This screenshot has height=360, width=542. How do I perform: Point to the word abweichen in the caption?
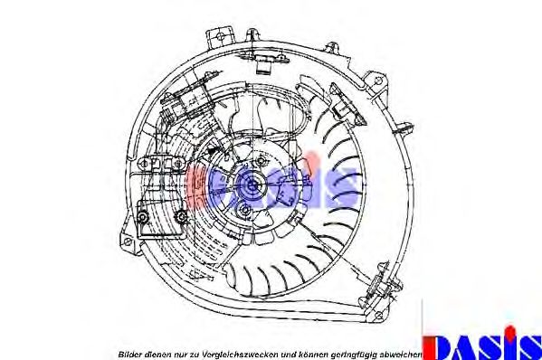pyautogui.click(x=400, y=355)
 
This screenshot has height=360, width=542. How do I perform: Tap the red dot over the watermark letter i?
pyautogui.click(x=311, y=159)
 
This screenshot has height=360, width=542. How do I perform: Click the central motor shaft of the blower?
pyautogui.click(x=252, y=185)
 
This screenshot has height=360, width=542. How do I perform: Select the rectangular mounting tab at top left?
pyautogui.click(x=220, y=38)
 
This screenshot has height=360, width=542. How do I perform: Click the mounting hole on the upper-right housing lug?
pyautogui.click(x=378, y=81)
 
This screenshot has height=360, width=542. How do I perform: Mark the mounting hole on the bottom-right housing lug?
pyautogui.click(x=379, y=315)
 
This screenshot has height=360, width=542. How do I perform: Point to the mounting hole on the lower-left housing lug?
pyautogui.click(x=128, y=242)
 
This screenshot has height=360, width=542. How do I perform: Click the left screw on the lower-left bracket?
pyautogui.click(x=142, y=217)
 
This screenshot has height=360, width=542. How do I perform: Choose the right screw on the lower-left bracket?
pyautogui.click(x=181, y=216)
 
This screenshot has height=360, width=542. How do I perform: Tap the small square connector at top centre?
pyautogui.click(x=264, y=66)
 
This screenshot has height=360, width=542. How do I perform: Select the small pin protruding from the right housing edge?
pyautogui.click(x=405, y=128)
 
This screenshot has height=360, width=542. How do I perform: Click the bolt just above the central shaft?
pyautogui.click(x=261, y=160)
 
